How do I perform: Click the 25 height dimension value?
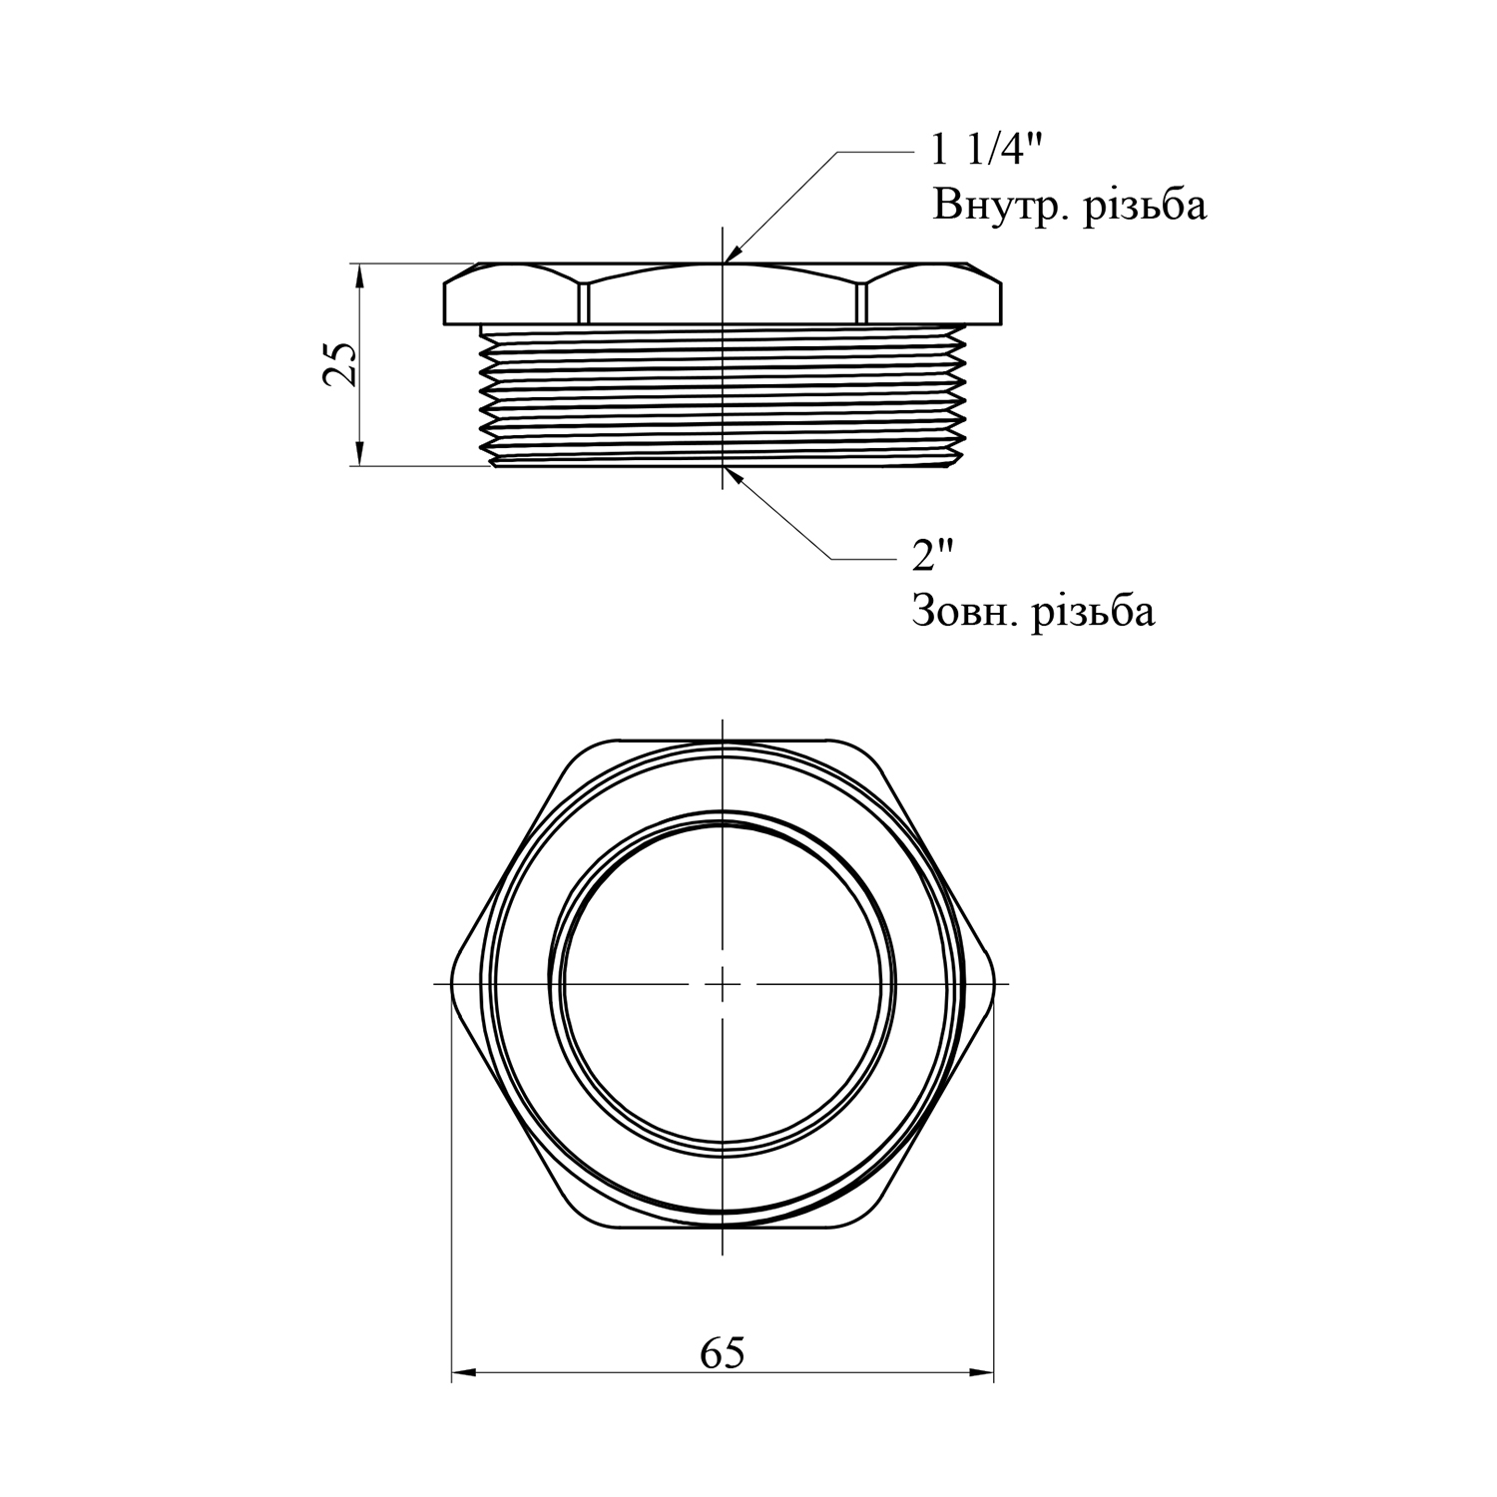339,364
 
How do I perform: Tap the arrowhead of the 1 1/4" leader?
731,253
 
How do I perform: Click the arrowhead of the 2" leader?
733,475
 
